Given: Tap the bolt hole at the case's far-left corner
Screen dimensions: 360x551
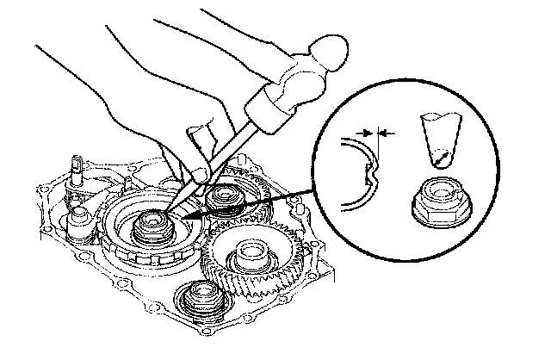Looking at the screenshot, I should (x=40, y=187).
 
